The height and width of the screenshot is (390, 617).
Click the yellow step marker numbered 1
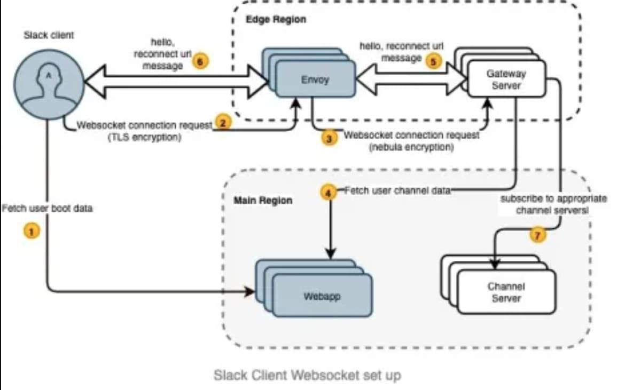pos(32,230)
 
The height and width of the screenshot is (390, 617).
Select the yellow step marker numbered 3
pos(329,138)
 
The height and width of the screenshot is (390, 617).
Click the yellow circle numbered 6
pos(199,61)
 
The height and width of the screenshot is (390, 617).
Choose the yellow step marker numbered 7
pos(538,234)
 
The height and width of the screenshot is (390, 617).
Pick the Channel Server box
pos(506,292)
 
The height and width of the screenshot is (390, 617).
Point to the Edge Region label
pos(276,20)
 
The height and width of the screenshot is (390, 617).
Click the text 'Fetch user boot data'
pos(47,208)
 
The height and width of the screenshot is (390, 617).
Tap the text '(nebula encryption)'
pos(411,147)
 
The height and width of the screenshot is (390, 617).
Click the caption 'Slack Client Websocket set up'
pos(307,375)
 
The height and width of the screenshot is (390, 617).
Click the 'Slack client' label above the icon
pos(49,35)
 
